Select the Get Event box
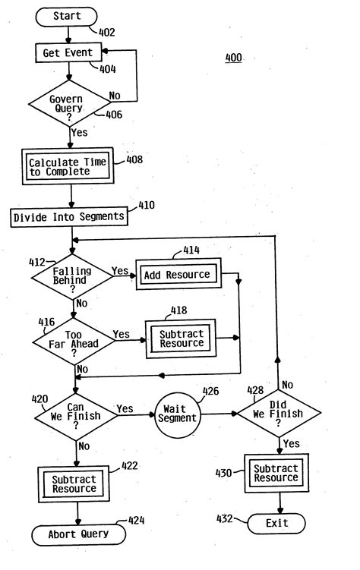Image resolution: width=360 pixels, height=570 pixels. (x=69, y=52)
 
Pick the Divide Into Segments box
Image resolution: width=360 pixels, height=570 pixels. (x=69, y=218)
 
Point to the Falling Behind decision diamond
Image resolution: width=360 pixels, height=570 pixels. (x=71, y=276)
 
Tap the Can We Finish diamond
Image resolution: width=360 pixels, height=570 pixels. (x=75, y=414)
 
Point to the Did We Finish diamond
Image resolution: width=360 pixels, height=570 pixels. (x=278, y=414)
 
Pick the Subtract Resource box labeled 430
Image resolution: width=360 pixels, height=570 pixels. (x=276, y=473)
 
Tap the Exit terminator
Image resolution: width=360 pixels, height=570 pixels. (x=277, y=524)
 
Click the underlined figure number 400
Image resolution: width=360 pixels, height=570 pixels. (x=234, y=58)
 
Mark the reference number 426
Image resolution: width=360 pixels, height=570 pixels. (x=210, y=393)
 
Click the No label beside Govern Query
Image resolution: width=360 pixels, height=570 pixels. (x=115, y=96)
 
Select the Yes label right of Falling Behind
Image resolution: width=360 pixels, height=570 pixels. (x=120, y=271)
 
